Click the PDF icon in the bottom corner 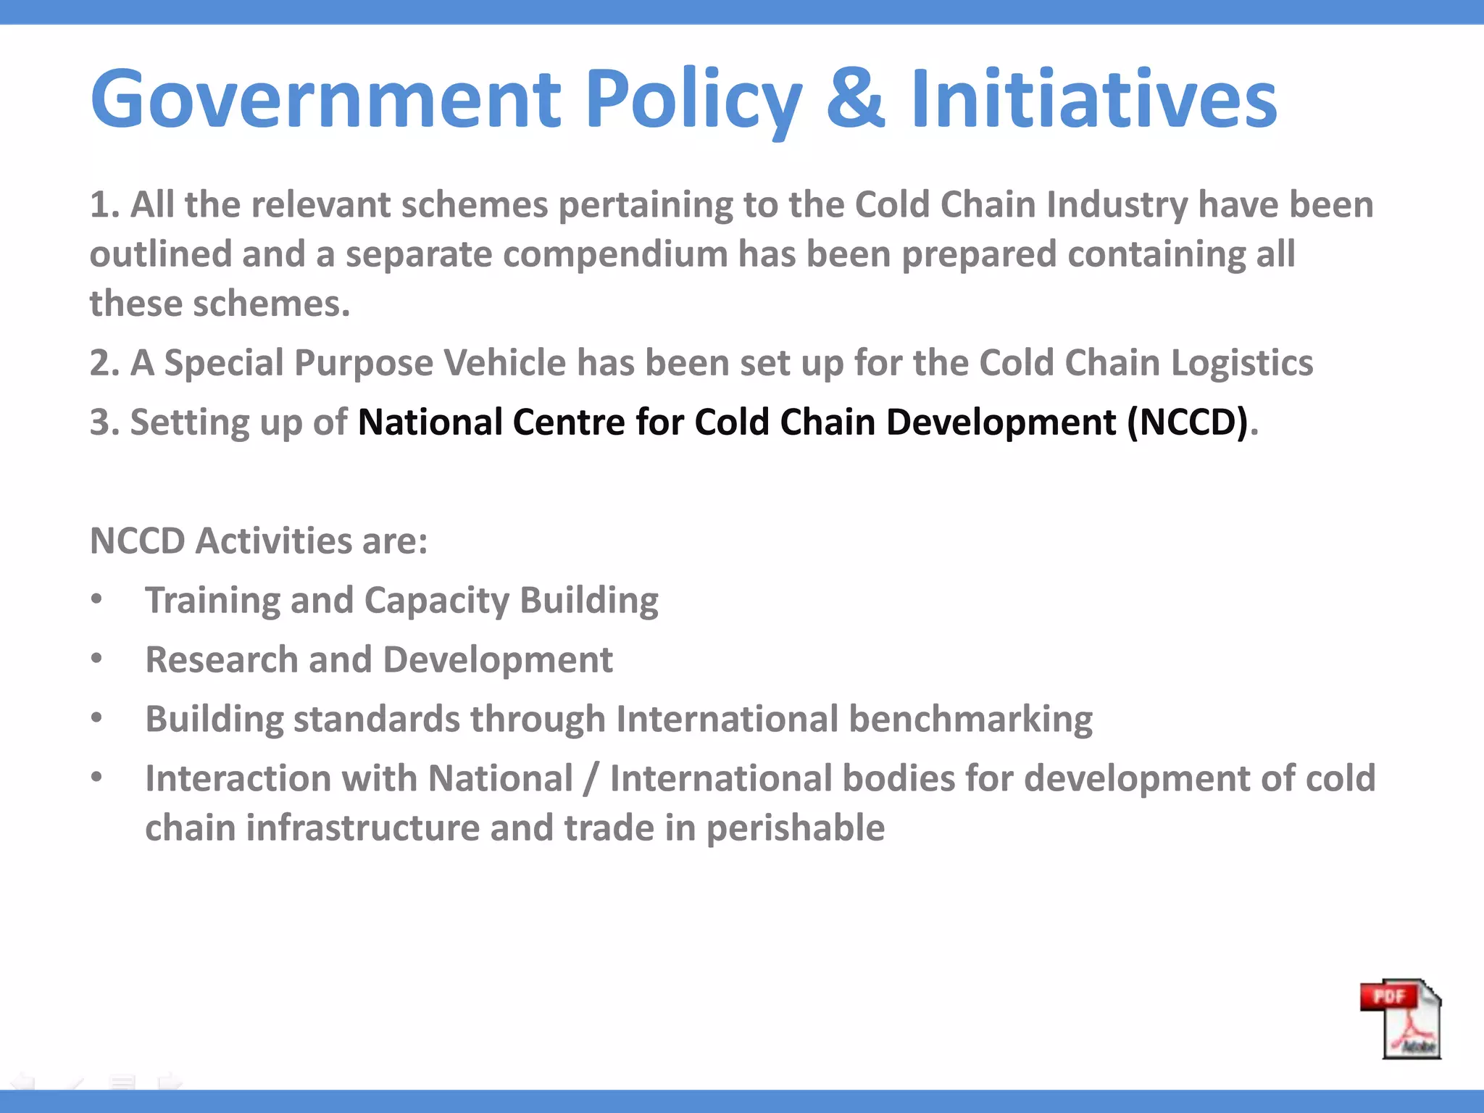click(1401, 1018)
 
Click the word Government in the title click(325, 99)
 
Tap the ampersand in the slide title click(855, 99)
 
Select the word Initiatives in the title click(1093, 99)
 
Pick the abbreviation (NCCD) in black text click(1188, 422)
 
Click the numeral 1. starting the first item click(104, 205)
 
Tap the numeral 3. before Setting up click(104, 422)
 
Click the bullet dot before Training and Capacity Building click(97, 599)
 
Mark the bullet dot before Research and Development click(97, 659)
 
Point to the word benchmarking click(970, 720)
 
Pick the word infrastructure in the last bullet click(363, 828)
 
